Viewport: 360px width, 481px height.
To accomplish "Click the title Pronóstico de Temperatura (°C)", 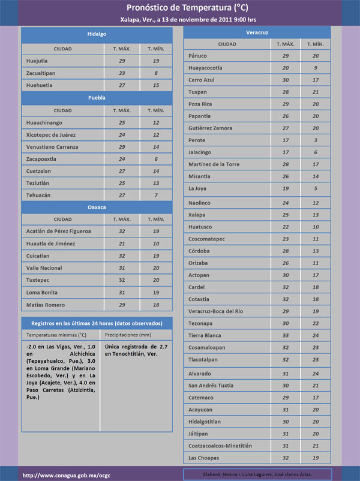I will pyautogui.click(x=179, y=8).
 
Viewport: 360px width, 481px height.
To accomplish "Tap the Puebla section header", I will pyautogui.click(x=97, y=97).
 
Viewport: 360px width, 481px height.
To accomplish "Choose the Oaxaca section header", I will pyautogui.click(x=97, y=207).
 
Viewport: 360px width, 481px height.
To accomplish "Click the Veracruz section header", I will pyautogui.click(x=257, y=31).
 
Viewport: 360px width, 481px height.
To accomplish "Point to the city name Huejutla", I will pyautogui.click(x=38, y=61).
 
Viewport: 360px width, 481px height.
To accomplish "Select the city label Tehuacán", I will pyautogui.click(x=39, y=195).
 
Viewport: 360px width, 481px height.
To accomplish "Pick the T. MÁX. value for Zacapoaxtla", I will pyautogui.click(x=122, y=159).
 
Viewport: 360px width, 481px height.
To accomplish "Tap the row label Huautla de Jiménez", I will pyautogui.click(x=51, y=243).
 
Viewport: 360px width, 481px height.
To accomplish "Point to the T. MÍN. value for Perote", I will pyautogui.click(x=315, y=140).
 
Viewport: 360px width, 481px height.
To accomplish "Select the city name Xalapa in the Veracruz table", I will pyautogui.click(x=197, y=215).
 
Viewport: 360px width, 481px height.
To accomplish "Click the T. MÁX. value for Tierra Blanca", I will pyautogui.click(x=285, y=335).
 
